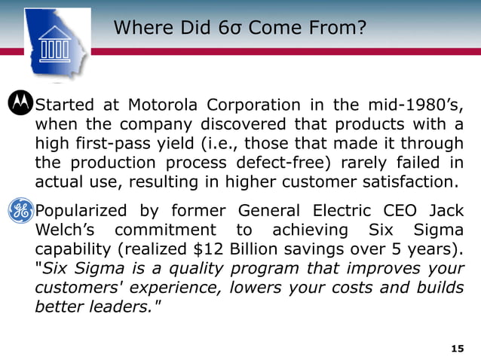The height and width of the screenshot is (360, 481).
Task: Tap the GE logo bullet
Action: (x=21, y=210)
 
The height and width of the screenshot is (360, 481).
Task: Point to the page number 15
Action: (x=456, y=348)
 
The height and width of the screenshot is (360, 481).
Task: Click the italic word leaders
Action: (x=118, y=307)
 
